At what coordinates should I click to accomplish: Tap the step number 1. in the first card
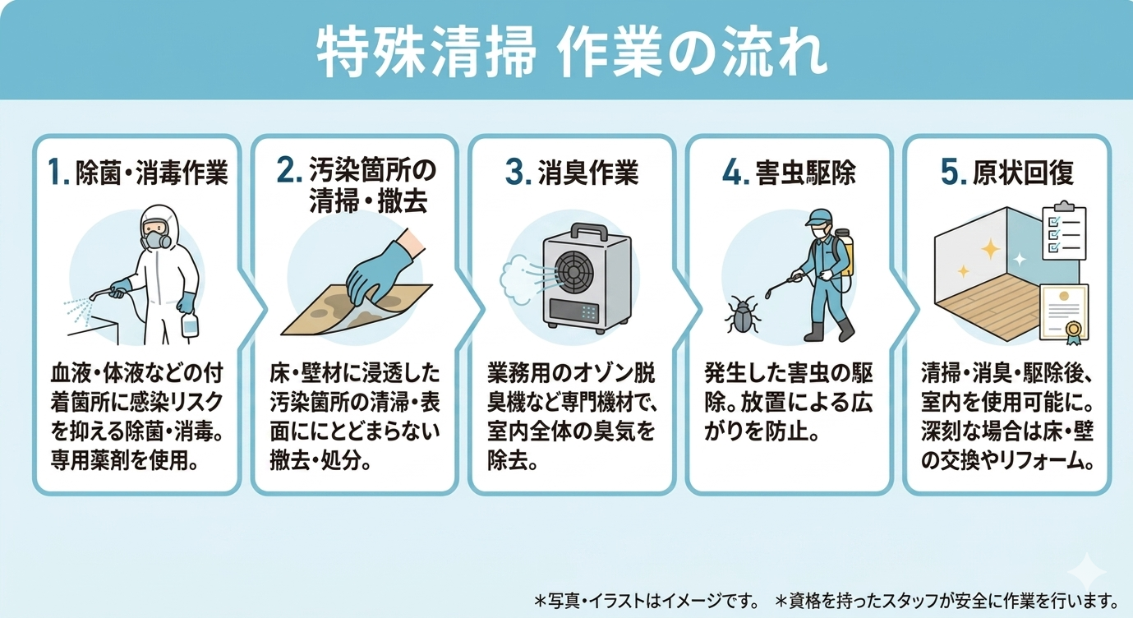58,172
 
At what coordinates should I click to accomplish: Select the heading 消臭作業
588,173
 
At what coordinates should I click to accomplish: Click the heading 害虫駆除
806,173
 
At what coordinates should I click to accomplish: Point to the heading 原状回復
1023,173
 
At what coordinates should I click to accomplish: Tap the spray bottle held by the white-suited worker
190,324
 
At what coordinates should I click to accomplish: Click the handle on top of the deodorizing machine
589,231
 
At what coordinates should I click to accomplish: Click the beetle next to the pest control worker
742,314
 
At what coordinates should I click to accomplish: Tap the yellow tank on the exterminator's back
844,253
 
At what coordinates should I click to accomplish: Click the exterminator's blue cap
818,217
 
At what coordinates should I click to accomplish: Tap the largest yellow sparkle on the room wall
990,248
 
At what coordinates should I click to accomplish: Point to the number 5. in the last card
952,172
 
